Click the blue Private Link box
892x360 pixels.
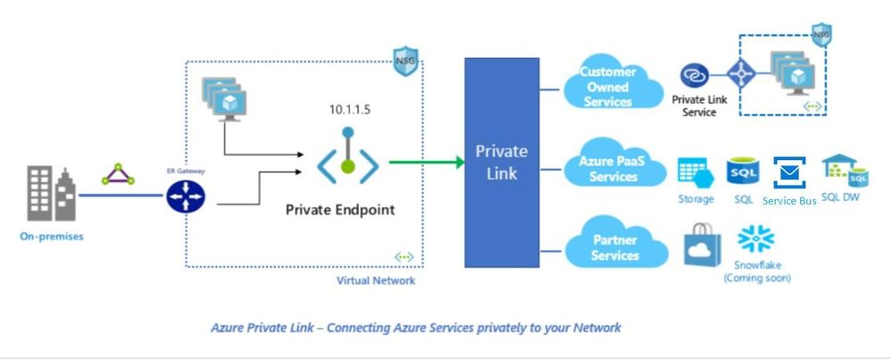[x=501, y=162]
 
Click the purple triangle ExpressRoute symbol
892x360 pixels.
[x=118, y=175]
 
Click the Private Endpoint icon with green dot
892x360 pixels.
[x=347, y=161]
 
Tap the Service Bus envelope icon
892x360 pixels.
[x=789, y=172]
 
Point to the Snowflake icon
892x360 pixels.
[x=756, y=239]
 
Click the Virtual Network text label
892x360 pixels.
[x=375, y=280]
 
